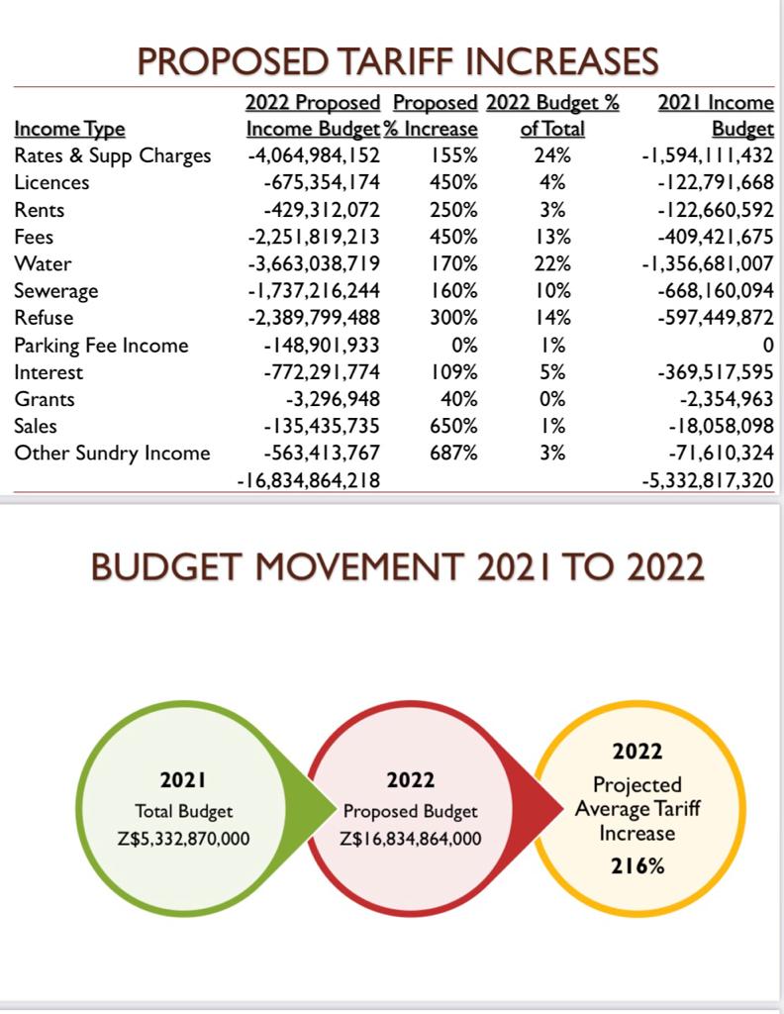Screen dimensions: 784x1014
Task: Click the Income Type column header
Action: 70,130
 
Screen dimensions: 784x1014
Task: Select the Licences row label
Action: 51,183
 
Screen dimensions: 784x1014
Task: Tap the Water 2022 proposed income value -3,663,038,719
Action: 314,263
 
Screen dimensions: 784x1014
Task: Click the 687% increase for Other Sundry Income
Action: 453,453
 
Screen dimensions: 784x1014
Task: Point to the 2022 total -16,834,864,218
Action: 308,480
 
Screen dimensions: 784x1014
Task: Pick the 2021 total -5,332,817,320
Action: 708,480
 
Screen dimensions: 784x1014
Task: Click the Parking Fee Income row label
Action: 102,346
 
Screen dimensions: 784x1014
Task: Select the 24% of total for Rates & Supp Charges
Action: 552,155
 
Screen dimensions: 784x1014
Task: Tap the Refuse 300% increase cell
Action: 453,318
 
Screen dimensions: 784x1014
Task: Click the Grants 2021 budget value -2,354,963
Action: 727,399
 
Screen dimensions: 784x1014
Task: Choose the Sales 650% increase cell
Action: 453,426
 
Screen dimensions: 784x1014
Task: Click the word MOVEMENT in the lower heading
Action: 359,567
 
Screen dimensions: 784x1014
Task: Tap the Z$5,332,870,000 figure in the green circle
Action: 183,840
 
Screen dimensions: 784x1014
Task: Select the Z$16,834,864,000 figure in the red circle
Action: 411,840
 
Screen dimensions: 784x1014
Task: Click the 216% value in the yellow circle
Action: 637,865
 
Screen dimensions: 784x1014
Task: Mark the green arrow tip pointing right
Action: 337,808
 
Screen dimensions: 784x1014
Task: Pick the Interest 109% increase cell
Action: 453,372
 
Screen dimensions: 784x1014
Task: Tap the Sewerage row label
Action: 56,291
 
